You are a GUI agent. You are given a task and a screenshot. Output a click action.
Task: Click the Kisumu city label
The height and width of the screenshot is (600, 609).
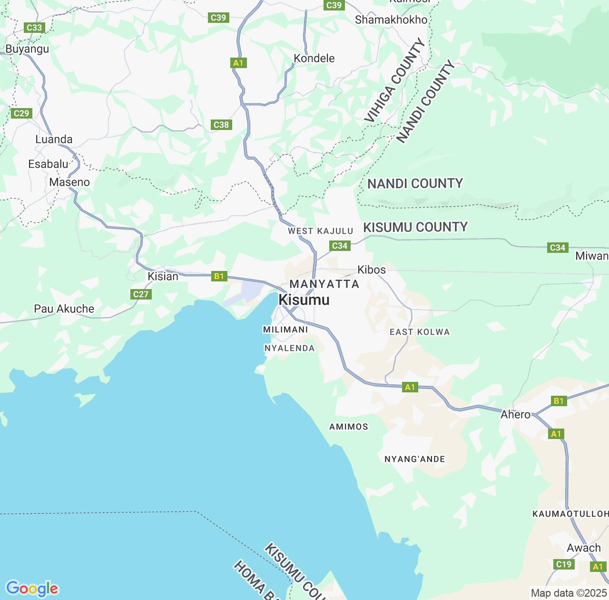pos(304,300)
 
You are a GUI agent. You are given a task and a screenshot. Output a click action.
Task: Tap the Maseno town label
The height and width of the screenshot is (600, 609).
pos(69,182)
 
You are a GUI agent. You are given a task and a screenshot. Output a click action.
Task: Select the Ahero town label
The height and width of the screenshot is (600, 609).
pos(515,415)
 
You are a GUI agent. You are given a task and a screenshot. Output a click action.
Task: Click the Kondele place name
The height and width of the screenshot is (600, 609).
pos(314,59)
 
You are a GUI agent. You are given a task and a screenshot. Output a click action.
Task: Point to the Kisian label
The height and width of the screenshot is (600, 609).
pos(163,277)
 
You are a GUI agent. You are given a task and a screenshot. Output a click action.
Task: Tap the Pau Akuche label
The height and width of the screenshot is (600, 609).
pos(64,309)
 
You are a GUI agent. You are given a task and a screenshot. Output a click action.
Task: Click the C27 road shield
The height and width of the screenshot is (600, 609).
pos(141,294)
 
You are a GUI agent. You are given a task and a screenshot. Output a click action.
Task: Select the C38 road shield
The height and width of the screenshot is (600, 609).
pos(221,125)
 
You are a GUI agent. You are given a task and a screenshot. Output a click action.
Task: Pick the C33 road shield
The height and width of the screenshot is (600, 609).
pos(34,28)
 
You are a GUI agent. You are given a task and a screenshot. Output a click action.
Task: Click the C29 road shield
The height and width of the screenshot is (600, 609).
pos(21,113)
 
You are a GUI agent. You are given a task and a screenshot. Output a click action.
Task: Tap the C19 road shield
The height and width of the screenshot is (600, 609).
pos(564,564)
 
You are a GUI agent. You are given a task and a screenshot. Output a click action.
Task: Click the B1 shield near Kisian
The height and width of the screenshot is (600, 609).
pos(219,276)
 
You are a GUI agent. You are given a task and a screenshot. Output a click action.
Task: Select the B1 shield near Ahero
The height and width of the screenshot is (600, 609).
pos(559,401)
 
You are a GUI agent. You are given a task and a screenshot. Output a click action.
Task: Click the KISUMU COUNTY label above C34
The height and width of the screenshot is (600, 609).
pos(415,227)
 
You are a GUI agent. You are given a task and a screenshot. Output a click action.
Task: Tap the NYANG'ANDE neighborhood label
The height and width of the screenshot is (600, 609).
pos(414,460)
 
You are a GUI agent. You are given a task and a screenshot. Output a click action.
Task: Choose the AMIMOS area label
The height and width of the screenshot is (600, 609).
pos(348,427)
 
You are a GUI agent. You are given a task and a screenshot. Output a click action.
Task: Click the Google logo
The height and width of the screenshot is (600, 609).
pos(32,589)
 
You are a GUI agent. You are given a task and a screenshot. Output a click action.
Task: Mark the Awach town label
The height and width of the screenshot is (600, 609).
pos(584,548)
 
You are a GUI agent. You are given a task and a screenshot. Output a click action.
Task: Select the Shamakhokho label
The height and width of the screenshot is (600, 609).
pos(391,20)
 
